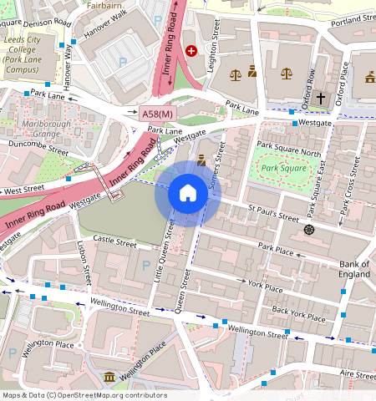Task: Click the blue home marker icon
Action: point(188,194)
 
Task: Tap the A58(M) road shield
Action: point(157,114)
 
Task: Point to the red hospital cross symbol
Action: point(191,51)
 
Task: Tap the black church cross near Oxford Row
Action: point(320,98)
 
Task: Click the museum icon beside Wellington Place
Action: point(109,380)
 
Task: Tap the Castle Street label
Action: point(114,242)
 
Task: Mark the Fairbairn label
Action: point(104,4)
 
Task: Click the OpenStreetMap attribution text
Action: point(84,395)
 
